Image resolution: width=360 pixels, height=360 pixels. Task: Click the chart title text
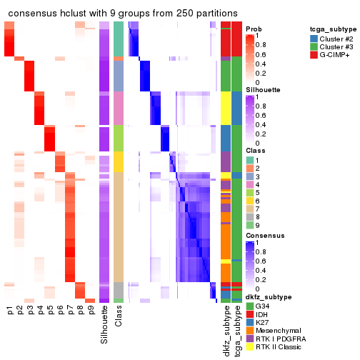click(x=123, y=14)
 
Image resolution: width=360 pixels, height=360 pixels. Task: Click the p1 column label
click(x=10, y=310)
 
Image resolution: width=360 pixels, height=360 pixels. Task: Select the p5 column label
click(x=50, y=310)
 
